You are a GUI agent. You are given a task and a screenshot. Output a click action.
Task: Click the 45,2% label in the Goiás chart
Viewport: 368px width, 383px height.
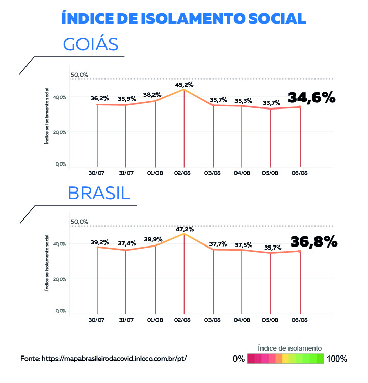(184, 85)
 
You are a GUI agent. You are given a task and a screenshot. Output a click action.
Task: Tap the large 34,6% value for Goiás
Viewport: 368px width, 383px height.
(312, 97)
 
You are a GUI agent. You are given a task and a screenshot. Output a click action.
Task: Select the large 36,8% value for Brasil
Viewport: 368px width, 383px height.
(313, 241)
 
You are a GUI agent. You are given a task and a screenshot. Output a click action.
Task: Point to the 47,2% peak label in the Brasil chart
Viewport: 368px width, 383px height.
(184, 229)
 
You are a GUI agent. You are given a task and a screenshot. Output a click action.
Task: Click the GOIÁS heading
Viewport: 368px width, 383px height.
(91, 44)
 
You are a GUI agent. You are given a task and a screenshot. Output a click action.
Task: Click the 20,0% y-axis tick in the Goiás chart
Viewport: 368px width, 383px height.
(61, 132)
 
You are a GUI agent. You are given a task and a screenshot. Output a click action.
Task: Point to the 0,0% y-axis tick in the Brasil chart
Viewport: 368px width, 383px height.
(61, 311)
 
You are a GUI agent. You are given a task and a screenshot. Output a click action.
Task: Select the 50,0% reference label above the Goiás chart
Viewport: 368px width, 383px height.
(80, 75)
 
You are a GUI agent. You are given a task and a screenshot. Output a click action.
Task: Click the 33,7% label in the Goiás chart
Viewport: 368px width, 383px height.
(272, 103)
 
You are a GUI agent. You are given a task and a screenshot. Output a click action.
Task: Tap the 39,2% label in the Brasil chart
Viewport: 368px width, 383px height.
(100, 242)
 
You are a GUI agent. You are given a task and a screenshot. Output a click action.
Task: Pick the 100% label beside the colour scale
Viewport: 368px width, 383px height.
(337, 359)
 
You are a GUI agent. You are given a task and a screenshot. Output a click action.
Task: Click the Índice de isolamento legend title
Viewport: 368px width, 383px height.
(290, 348)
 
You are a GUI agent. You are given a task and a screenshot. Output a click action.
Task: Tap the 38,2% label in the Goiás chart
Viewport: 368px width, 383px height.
(152, 95)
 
